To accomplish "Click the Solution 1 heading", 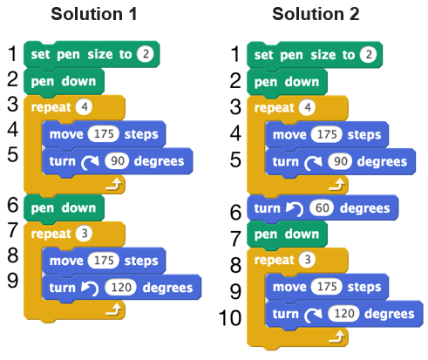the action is [x=94, y=14].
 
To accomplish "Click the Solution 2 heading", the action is [x=316, y=14].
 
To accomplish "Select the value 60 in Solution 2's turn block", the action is [x=322, y=208].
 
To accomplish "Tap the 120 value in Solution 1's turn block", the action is [x=120, y=288].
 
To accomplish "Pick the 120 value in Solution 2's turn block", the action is [x=343, y=314].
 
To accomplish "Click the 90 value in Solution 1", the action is [x=117, y=161].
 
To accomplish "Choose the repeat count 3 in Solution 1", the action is [x=84, y=234].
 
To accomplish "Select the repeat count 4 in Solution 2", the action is [x=307, y=108].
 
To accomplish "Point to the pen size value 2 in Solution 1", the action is [x=146, y=54].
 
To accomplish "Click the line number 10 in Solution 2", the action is [x=230, y=318].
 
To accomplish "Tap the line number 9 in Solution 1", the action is [x=13, y=281].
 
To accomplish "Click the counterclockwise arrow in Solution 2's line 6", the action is [x=295, y=209].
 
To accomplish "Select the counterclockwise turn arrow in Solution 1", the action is [x=90, y=289].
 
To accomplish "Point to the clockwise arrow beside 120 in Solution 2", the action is [x=313, y=315].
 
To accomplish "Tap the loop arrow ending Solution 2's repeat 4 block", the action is [x=336, y=185].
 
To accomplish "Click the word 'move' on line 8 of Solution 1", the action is [x=66, y=261].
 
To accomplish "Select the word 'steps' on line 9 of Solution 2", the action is [x=364, y=287].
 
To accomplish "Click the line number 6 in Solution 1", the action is [x=13, y=205].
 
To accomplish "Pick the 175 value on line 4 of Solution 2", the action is [x=327, y=134].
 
